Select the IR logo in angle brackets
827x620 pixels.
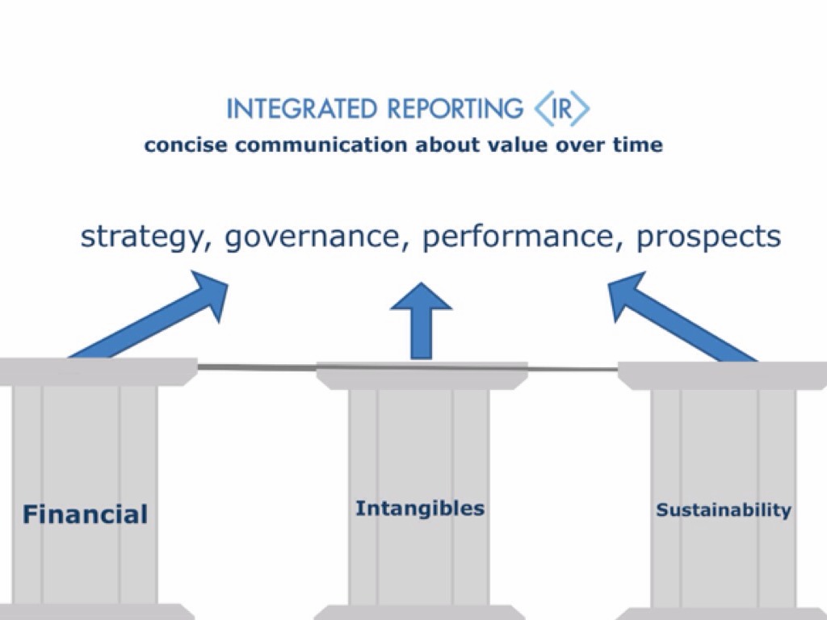562,109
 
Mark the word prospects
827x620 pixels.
708,237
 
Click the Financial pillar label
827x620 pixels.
85,514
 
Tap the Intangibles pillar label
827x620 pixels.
420,509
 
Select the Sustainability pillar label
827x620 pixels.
723,510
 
